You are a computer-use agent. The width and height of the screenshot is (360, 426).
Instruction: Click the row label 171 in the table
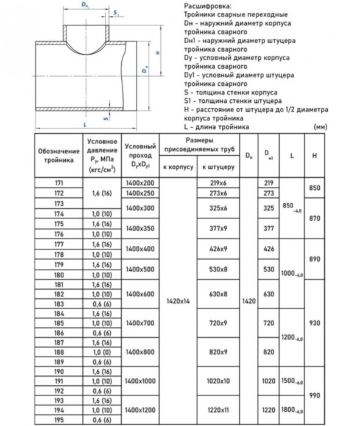point(58,183)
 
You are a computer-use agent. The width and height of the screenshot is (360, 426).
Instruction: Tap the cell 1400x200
point(140,183)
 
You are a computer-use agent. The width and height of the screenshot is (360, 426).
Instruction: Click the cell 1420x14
point(178,300)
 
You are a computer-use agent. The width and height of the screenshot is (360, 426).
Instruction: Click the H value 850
point(314,188)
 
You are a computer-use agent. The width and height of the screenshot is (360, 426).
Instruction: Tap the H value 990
point(314,396)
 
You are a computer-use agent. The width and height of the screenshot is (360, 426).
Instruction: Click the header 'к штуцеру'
point(217,166)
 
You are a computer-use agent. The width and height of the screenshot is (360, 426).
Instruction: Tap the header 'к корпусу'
point(178,166)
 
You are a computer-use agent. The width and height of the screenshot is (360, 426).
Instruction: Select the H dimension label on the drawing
point(157,53)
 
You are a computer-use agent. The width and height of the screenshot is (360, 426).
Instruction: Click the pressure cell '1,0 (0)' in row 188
point(102,352)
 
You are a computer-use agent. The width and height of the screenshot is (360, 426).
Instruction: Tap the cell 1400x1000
point(140,381)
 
